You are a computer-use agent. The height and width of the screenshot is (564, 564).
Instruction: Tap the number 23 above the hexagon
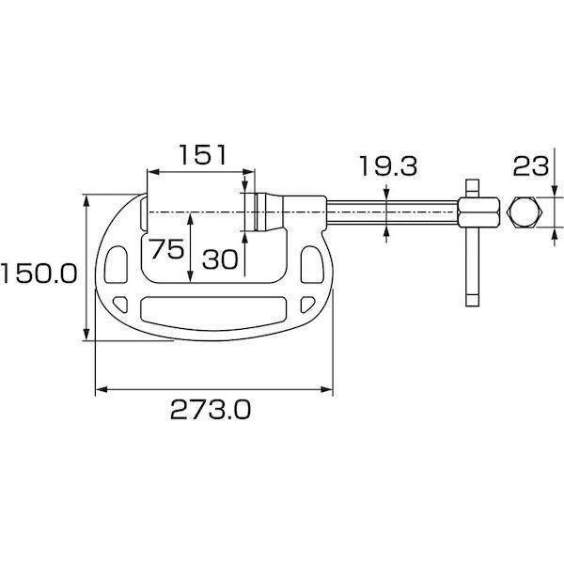pos(531,166)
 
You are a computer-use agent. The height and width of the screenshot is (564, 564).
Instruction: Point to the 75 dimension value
pos(165,250)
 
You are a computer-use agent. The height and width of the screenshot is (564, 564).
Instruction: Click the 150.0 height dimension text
pos(38,274)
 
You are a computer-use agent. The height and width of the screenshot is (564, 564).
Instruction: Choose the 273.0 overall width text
pos(211,409)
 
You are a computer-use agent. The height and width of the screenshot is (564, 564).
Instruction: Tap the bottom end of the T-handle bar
pos(472,299)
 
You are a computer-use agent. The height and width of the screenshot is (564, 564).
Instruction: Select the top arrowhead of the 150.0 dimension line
pos(88,200)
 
